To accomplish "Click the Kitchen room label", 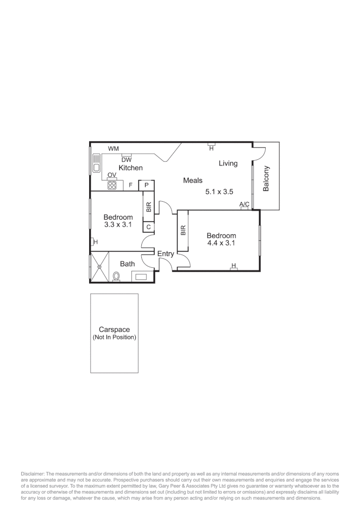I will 131,168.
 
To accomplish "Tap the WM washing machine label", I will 113,149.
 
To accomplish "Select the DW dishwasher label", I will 126,159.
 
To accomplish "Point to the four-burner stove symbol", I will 112,185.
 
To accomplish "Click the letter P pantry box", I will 147,185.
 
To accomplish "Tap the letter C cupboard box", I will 148,227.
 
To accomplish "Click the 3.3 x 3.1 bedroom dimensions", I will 118,225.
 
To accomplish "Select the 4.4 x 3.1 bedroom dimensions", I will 221,243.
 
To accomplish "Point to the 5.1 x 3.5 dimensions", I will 220,192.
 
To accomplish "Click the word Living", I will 228,164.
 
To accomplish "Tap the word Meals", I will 193,181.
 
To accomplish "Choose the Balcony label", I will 266,178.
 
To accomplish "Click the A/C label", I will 244,204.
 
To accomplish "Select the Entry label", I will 165,254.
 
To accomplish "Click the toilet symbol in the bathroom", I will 116,277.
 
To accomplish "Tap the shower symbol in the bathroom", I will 99,267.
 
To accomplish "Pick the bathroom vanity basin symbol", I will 141,277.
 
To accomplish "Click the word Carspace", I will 114,330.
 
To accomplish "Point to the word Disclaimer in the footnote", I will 32,473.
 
